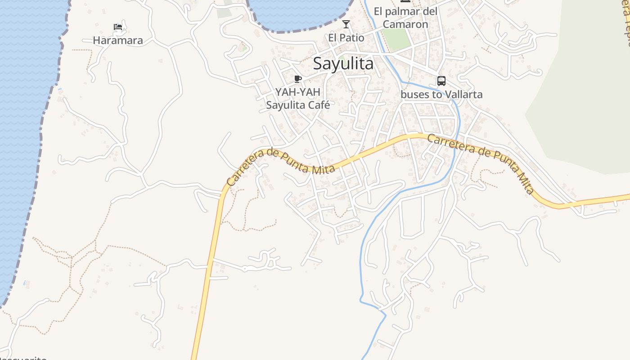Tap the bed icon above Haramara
pos(118,27)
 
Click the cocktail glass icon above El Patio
pos(346,24)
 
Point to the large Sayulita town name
pos(343,64)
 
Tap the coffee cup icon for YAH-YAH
pos(297,79)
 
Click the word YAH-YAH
pos(297,92)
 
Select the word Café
pos(319,105)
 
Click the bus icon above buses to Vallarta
pos(441,81)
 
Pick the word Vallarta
pos(463,94)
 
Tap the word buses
pos(412,94)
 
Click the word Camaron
pos(405,24)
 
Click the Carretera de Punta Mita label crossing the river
pos(481,165)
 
